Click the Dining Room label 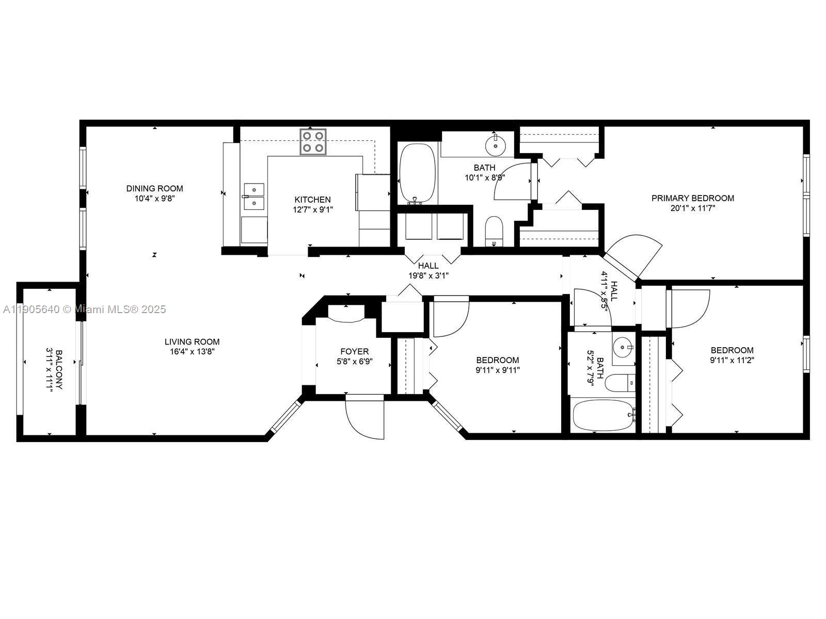pos(154,188)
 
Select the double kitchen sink pos(253,196)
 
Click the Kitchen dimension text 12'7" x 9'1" pos(313,209)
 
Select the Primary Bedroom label pos(692,198)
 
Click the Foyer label pos(354,352)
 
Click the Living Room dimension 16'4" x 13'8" pos(192,351)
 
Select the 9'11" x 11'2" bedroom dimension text pos(732,360)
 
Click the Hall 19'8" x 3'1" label pos(428,271)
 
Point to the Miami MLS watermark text pos(84,309)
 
